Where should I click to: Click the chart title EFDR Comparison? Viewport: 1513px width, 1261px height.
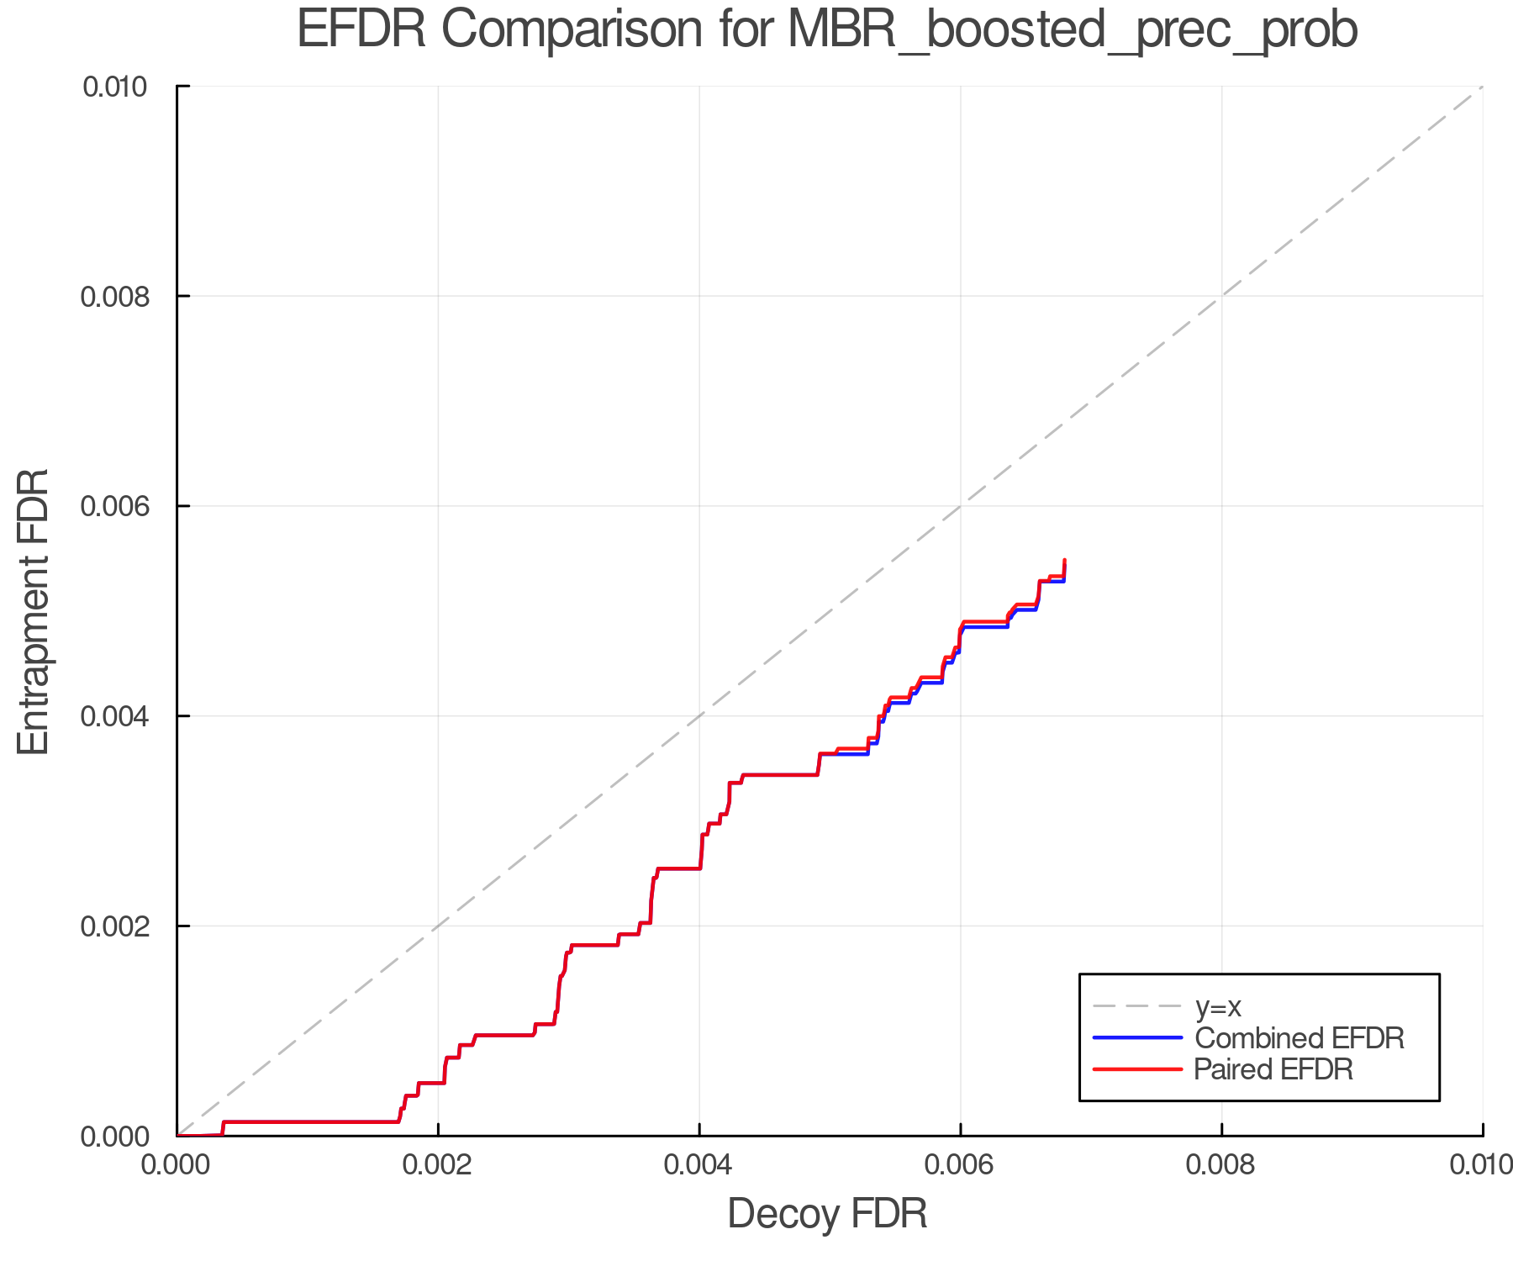827,30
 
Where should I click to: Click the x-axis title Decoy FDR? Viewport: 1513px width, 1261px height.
827,1213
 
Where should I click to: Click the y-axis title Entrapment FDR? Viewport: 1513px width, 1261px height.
34,611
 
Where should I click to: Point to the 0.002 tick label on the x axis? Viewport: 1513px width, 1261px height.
438,1165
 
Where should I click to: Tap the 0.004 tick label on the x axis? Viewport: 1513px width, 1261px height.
699,1165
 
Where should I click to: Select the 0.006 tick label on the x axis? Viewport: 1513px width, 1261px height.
960,1165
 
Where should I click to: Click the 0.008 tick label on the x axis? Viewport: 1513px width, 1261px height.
1221,1165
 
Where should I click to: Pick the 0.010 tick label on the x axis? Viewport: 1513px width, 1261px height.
1481,1165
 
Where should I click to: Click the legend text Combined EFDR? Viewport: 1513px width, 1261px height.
1299,1038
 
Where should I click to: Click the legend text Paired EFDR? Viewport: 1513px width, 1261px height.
1273,1069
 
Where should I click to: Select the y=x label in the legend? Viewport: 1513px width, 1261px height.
1218,1007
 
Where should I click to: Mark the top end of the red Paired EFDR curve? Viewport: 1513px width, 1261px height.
1065,560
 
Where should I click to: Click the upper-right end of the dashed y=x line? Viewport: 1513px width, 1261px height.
1481,87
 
